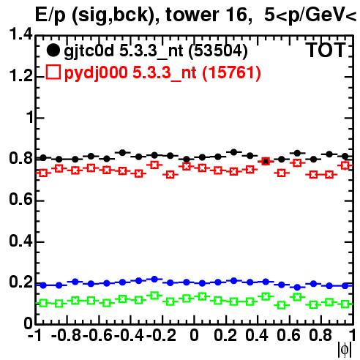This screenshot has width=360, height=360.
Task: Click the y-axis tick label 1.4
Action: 20,34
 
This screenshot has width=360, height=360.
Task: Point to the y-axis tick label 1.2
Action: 20,76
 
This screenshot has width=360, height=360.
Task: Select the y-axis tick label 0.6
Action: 20,200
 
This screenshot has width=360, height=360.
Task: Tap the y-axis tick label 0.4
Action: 20,241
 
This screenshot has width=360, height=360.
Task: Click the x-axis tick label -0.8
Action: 66,336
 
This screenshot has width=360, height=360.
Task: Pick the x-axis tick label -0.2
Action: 161,336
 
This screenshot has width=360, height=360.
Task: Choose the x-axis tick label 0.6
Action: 288,336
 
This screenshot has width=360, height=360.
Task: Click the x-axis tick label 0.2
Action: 225,336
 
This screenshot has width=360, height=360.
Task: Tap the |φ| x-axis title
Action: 345,350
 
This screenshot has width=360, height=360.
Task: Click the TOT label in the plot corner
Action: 326,50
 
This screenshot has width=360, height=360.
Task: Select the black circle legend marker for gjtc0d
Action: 53,50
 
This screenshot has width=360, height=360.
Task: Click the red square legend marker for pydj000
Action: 53,72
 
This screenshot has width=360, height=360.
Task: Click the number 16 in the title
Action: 236,15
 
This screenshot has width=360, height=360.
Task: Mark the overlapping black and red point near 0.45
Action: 266,161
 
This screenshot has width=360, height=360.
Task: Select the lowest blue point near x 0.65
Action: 297,287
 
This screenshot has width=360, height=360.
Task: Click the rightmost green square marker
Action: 345,304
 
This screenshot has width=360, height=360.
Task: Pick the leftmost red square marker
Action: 43,173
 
